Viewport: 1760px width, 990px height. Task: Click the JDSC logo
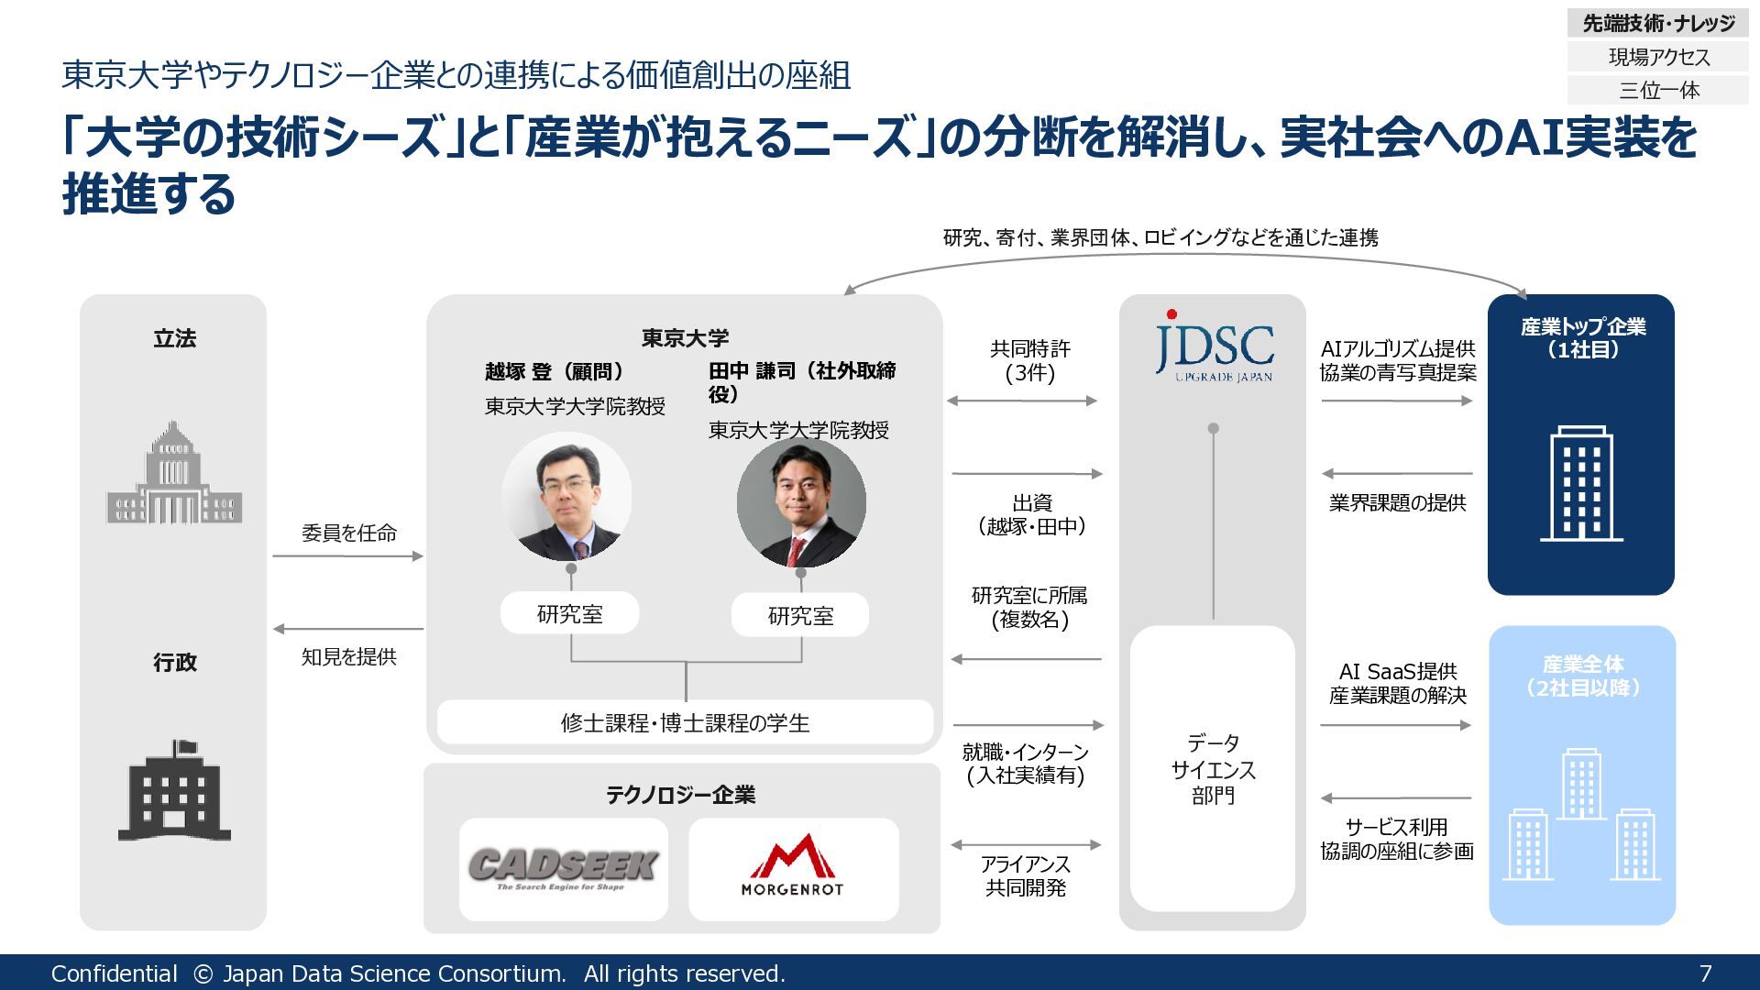pos(1214,348)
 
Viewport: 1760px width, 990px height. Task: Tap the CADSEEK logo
pos(563,867)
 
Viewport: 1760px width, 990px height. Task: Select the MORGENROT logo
pos(793,866)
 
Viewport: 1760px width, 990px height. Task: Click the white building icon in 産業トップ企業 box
pos(1581,483)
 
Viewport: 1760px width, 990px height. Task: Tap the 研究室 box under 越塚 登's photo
pos(569,613)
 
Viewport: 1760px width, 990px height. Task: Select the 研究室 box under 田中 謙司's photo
pos(800,615)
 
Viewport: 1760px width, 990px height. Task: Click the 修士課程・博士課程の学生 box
pos(685,722)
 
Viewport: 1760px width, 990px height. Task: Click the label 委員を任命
pos(348,533)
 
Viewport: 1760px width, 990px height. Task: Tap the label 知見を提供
pos(348,656)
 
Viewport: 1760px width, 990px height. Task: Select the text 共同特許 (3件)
pos(1029,360)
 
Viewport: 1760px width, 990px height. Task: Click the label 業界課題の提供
pos(1397,502)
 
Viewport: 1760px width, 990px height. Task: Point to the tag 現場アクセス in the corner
pos(1658,57)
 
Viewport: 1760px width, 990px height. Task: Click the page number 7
pos(1705,973)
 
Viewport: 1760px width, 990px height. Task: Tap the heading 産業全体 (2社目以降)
pos(1582,676)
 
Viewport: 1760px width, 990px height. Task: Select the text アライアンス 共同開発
pos(1026,875)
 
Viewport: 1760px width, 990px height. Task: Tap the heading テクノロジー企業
pos(680,795)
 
